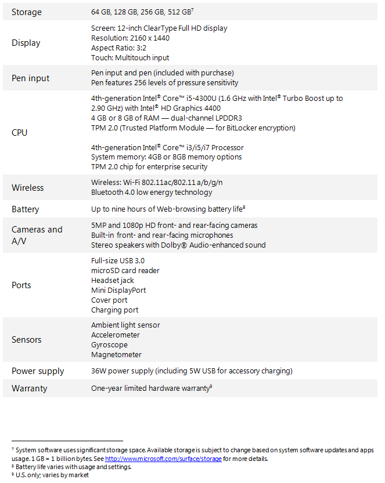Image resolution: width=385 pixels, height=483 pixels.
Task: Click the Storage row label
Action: (27, 12)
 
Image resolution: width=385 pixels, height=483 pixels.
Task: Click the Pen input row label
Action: (31, 78)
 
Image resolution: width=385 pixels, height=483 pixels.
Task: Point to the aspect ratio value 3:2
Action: (148, 48)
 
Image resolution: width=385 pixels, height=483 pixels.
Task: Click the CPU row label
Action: (20, 132)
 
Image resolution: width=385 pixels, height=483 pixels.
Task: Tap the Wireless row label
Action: (28, 187)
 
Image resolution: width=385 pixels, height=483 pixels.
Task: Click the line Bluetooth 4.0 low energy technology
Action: (152, 193)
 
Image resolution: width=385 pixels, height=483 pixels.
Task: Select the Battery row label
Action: (26, 209)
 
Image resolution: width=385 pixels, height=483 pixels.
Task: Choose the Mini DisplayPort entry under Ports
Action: (118, 290)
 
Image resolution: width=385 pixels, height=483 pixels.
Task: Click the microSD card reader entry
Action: (125, 270)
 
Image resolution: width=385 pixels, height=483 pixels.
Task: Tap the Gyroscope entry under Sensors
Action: (109, 345)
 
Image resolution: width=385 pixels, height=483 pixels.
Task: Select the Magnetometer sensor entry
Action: (116, 355)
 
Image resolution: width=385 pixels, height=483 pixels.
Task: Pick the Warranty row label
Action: (30, 388)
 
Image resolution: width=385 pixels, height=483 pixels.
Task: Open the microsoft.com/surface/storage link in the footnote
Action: (163, 459)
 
